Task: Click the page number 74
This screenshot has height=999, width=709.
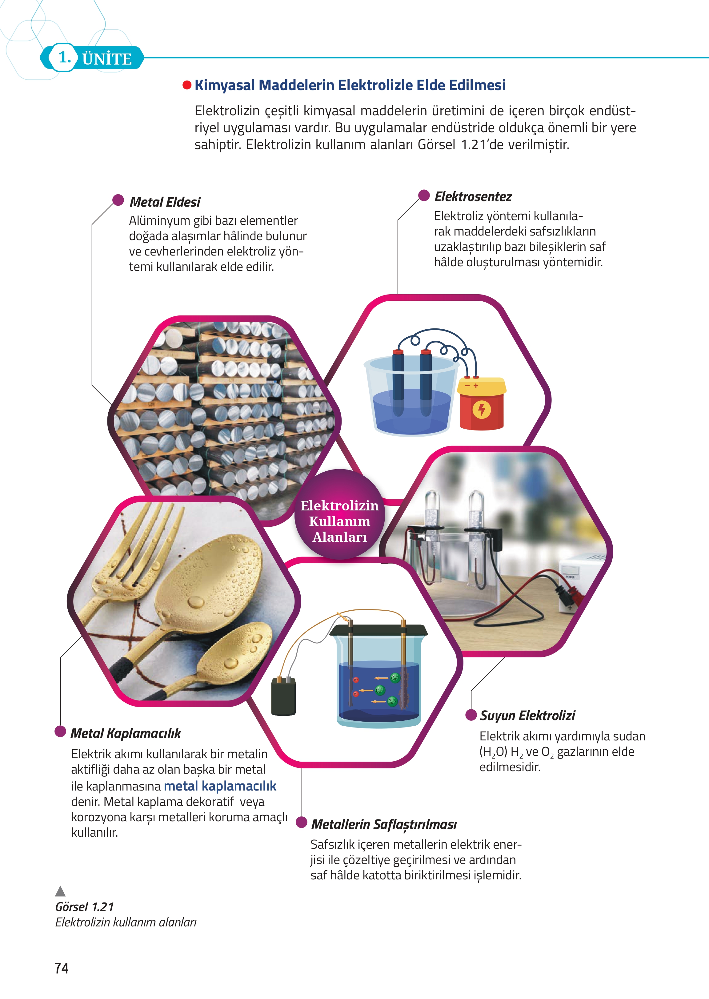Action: [x=62, y=968]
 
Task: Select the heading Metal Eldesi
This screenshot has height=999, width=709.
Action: [x=165, y=202]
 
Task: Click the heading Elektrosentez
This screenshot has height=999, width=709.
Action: [x=473, y=197]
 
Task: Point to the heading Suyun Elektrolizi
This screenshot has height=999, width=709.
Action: [x=527, y=716]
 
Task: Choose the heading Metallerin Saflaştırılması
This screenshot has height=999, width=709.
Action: [x=384, y=824]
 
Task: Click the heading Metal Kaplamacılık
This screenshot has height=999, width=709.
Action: [x=126, y=733]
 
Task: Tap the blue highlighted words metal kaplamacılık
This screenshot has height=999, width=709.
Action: [x=220, y=786]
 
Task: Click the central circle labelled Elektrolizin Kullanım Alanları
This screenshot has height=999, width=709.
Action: [x=340, y=515]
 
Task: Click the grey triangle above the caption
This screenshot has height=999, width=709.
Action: [x=60, y=891]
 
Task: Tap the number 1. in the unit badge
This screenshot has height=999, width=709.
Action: [x=65, y=57]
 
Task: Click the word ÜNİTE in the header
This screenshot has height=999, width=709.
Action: [x=107, y=58]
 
